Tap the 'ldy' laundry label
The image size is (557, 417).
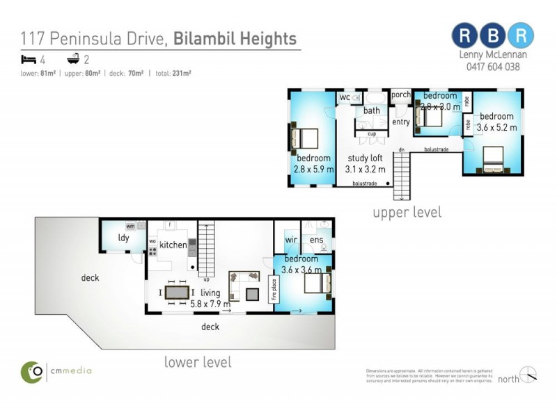(x=123, y=238)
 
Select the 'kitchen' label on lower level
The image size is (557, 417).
(x=173, y=245)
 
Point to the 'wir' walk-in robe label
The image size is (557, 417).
(x=291, y=240)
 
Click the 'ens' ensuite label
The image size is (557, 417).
(x=316, y=240)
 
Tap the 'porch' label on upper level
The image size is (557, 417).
(x=400, y=95)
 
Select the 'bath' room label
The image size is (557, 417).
(x=371, y=111)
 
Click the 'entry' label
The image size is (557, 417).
(x=400, y=122)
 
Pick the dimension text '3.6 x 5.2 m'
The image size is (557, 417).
(x=496, y=127)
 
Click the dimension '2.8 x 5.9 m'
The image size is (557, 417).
(x=313, y=169)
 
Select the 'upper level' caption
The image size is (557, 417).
(x=407, y=212)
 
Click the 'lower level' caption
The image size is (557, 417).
(x=198, y=362)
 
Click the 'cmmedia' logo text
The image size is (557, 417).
(x=70, y=370)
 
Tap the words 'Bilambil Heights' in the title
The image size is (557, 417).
(x=235, y=39)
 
